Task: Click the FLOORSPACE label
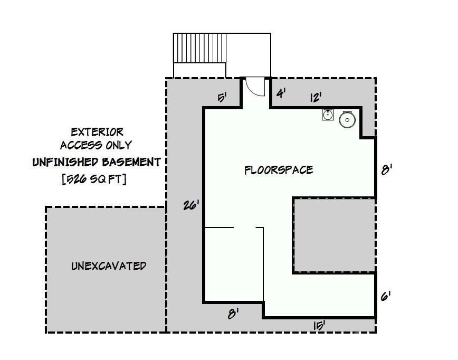coord(279,170)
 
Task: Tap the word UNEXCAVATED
coord(109,266)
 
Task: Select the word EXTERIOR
coord(97,132)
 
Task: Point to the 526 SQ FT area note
coord(94,179)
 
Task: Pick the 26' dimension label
coord(191,205)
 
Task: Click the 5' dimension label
coord(222,98)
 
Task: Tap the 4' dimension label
coord(281,93)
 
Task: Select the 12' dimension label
coord(316,97)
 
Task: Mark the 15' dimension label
coord(319,326)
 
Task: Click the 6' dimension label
coord(386,297)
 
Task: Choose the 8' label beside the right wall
coord(386,169)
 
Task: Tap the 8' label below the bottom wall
coord(233,315)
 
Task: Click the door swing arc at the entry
coord(251,91)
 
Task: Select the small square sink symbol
coord(328,115)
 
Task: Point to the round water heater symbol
coord(347,119)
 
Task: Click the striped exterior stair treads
coord(200,48)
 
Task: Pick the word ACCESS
coord(81,145)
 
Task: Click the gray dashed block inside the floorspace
coord(335,235)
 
